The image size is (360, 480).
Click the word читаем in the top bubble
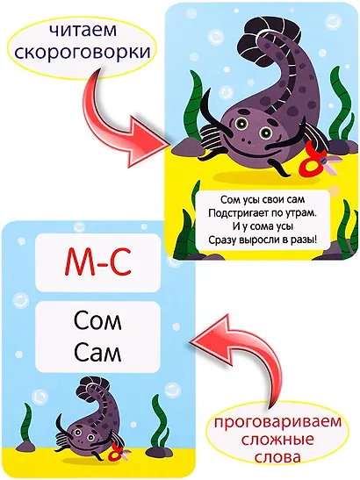(x=83, y=31)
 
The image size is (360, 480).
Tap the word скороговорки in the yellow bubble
(x=83, y=52)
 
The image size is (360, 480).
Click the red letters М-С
(x=97, y=262)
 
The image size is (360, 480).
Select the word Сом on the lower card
(x=97, y=320)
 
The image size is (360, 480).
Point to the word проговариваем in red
(x=277, y=423)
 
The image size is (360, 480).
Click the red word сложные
(x=277, y=440)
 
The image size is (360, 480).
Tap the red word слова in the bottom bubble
(x=277, y=457)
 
